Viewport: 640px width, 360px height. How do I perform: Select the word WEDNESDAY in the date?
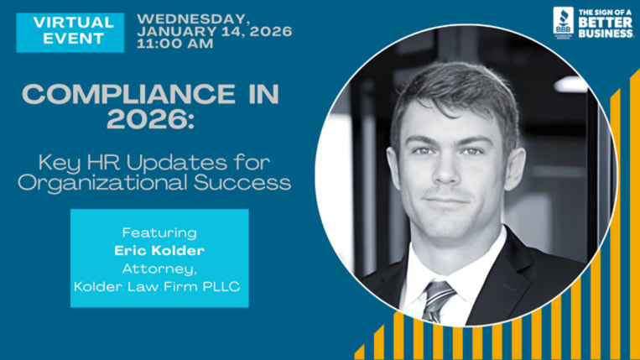193,18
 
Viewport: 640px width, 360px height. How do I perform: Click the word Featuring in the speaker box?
159,232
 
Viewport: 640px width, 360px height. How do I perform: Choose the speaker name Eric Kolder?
159,250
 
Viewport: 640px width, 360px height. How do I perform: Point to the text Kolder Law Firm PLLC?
159,287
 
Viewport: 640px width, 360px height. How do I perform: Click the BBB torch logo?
563,20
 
